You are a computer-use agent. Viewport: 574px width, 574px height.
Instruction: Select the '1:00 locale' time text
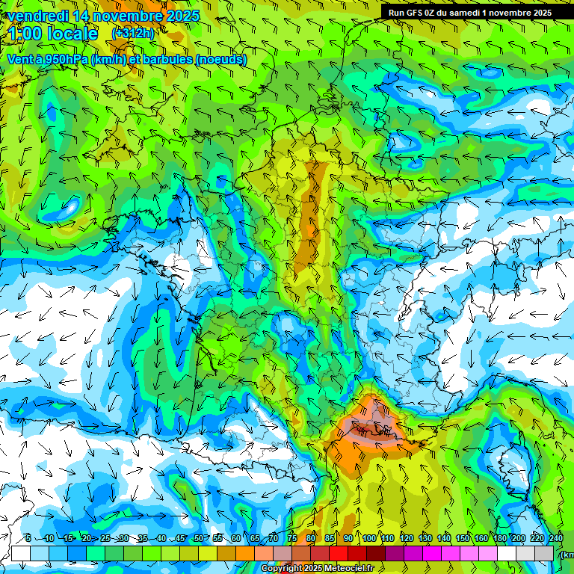(53, 34)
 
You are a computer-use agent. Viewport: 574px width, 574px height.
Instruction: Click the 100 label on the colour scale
(368, 539)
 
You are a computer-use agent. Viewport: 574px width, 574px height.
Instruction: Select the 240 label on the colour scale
(555, 539)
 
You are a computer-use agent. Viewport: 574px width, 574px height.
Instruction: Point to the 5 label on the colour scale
(28, 539)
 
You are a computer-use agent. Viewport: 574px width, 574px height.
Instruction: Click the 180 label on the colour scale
(499, 539)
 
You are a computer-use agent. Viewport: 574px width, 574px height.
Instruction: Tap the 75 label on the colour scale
(291, 539)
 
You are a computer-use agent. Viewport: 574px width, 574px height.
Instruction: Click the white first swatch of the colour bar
(21, 553)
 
